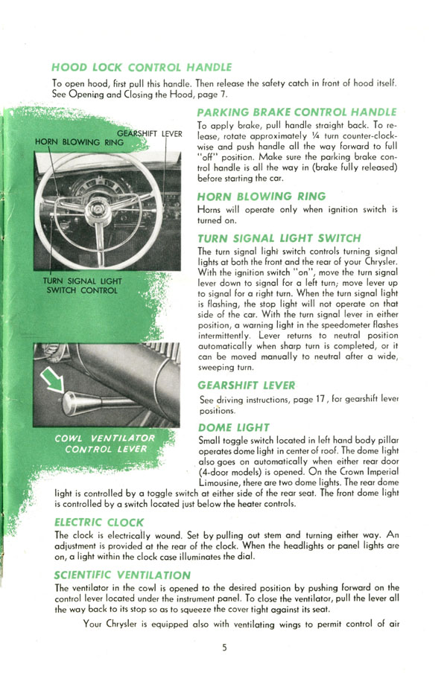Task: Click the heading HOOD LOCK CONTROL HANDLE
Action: point(142,67)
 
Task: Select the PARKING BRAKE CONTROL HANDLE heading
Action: point(297,112)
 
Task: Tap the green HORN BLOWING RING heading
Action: point(261,197)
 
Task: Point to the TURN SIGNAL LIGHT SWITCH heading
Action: point(279,238)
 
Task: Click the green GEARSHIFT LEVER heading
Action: point(246,385)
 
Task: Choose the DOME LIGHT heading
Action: point(234,427)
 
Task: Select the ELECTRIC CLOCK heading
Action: point(99,523)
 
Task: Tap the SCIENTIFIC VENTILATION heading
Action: point(122,575)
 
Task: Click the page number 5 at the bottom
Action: point(224,648)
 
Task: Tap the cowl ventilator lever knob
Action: point(74,403)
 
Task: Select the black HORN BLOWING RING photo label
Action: point(79,142)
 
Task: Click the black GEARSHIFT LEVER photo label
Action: point(149,134)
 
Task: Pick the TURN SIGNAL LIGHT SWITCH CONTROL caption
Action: point(83,286)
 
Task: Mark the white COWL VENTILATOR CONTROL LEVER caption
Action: point(105,444)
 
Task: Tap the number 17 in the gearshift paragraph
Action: point(320,400)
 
